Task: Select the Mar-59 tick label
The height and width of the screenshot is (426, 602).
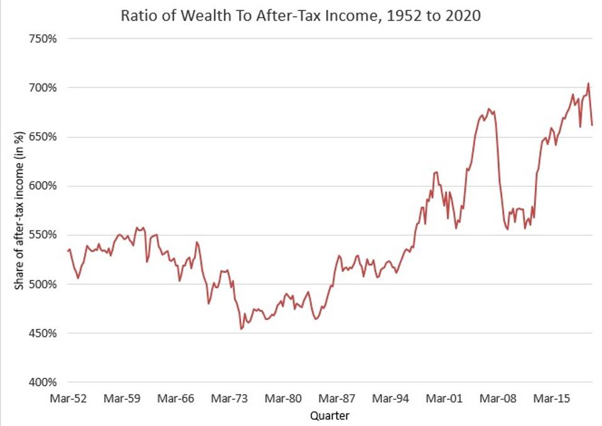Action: coord(121,398)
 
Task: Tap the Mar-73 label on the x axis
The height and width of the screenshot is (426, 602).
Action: coord(229,398)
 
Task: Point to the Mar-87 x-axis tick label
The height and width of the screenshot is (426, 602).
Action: coord(337,398)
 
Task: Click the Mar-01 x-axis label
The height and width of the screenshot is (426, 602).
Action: coord(445,398)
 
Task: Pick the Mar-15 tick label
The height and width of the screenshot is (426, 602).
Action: coord(553,398)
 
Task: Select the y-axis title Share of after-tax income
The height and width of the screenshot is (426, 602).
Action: coord(19,210)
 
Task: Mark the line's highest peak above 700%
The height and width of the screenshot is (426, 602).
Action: coord(588,83)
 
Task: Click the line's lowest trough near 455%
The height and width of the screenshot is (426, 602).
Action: coord(241,329)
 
